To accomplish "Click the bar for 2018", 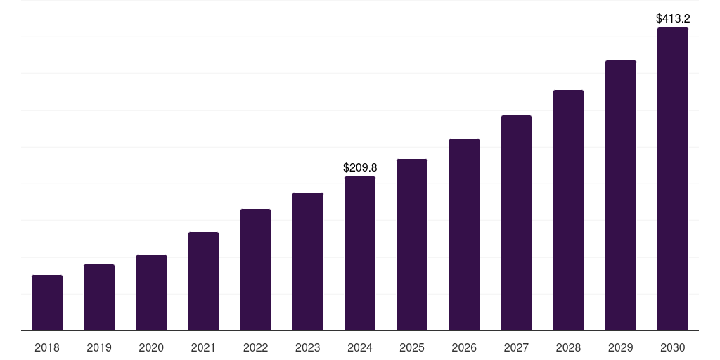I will [x=47, y=302].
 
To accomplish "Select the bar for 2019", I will [x=99, y=297].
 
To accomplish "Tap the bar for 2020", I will [x=151, y=292].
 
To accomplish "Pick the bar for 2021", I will [x=203, y=281].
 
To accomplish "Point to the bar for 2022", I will [x=255, y=269].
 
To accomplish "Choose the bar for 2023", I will [x=308, y=262].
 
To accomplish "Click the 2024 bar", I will [x=360, y=253].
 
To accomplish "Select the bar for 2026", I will [x=464, y=234].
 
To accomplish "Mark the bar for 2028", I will [x=568, y=210].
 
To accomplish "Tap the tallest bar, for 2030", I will [x=672, y=179].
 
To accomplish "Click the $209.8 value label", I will [x=360, y=167].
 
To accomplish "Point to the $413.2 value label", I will [x=672, y=18].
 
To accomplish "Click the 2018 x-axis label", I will [x=47, y=347].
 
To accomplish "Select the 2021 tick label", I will [x=203, y=347].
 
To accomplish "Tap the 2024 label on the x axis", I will [x=360, y=347].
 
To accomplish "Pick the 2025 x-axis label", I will [x=412, y=347].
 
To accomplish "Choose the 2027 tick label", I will [x=516, y=347].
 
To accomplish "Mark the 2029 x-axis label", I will [x=620, y=347].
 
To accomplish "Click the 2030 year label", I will [x=672, y=347].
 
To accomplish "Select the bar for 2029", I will [x=620, y=195].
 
